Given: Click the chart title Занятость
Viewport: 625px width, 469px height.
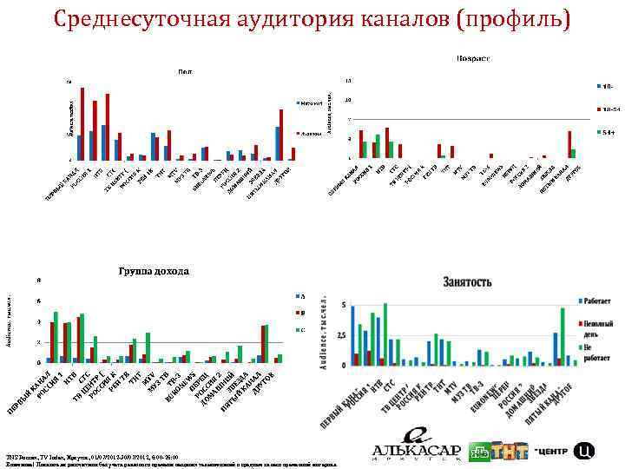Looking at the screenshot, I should (x=468, y=282).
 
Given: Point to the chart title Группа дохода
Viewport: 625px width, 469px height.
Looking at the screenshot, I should (x=154, y=271).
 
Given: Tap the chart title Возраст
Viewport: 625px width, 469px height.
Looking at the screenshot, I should (x=473, y=59).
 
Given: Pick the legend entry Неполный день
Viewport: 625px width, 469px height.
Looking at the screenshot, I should (x=596, y=323).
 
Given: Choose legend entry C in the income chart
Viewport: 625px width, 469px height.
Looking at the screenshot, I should (x=302, y=331).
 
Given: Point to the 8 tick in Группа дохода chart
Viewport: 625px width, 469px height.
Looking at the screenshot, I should (x=37, y=281).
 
